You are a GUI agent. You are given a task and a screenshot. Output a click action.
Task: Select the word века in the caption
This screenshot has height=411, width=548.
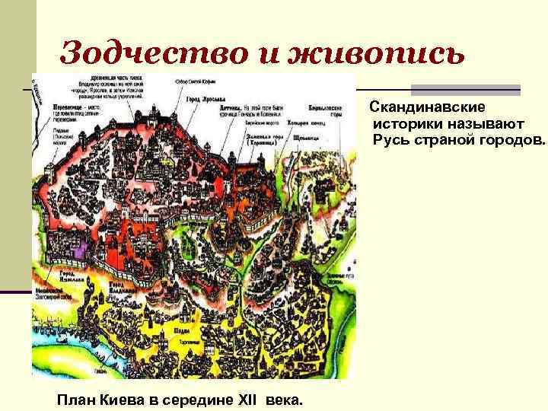click(x=284, y=399)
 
